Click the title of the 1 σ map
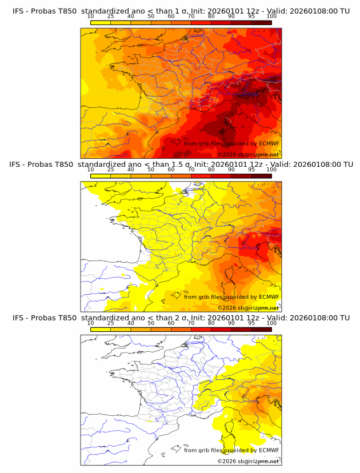pos(181,11)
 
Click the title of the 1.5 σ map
pos(181,165)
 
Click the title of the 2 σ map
pos(181,318)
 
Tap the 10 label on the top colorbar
pos(90,17)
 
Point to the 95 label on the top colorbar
pos(251,17)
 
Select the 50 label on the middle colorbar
pos(151,170)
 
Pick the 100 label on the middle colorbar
pos(271,170)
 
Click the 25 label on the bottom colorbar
pos(110,323)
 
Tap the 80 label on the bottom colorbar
pos(211,323)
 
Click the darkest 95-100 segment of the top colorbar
pos(261,22)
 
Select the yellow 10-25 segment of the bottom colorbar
pos(101,329)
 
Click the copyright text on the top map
pos(248,155)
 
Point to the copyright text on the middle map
pos(248,308)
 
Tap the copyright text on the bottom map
pos(248,461)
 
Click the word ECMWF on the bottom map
pos(269,450)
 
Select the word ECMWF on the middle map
pos(269,297)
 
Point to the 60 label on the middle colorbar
pos(171,170)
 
